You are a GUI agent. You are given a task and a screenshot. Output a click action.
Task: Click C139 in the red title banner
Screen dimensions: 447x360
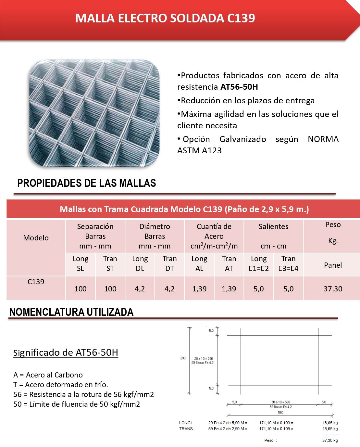click(x=241, y=18)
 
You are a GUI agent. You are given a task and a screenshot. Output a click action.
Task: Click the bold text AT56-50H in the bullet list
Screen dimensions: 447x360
click(x=239, y=87)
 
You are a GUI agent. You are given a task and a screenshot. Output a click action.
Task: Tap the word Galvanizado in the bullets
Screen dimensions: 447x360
click(x=242, y=139)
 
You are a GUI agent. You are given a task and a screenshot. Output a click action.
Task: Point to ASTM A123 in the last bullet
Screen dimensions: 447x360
click(x=199, y=150)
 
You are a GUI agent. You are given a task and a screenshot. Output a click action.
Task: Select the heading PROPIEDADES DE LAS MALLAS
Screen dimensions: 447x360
click(x=87, y=183)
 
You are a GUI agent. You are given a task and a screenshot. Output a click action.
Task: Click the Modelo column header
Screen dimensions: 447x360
click(x=36, y=238)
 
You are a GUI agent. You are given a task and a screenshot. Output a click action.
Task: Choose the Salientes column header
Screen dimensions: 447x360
click(x=273, y=226)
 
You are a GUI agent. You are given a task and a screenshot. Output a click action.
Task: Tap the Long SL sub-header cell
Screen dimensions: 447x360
click(x=81, y=263)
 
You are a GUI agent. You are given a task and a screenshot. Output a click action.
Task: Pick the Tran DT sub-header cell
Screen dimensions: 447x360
click(x=169, y=263)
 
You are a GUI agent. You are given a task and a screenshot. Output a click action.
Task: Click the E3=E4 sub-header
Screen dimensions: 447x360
click(x=288, y=268)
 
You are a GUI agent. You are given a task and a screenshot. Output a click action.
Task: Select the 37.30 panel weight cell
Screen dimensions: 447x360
click(x=333, y=289)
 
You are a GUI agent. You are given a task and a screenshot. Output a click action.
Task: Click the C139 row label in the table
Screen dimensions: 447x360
click(x=36, y=282)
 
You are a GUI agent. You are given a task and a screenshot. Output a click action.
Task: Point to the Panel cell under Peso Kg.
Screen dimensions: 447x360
click(x=333, y=265)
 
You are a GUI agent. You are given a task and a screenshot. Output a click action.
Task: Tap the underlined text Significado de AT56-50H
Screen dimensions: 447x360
click(x=66, y=352)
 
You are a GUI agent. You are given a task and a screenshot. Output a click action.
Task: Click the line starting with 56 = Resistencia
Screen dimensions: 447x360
click(x=83, y=394)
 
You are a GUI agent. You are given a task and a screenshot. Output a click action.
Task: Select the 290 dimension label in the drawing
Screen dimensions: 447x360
click(x=183, y=358)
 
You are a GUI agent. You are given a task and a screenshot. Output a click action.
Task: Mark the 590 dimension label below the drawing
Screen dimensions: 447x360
click(x=280, y=413)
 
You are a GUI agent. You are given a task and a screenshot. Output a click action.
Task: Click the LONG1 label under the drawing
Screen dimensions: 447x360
click(x=186, y=423)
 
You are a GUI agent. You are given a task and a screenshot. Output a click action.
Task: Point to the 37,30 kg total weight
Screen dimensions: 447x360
click(x=330, y=441)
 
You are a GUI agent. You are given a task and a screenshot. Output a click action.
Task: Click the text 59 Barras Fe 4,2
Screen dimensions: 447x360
click(x=280, y=407)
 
